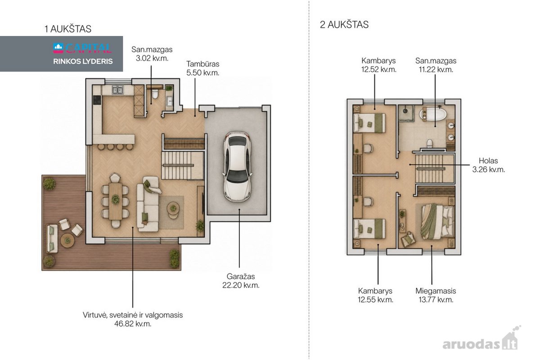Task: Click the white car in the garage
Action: (238, 166)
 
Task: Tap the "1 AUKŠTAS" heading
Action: (68, 29)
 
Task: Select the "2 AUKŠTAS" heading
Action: (344, 25)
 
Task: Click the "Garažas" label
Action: (241, 276)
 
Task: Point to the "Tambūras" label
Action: (203, 64)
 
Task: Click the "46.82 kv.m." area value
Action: (133, 324)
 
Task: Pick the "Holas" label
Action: (488, 161)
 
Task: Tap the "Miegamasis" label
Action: (436, 291)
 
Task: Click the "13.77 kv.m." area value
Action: (436, 300)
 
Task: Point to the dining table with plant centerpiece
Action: (115, 201)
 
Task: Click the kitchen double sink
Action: (117, 90)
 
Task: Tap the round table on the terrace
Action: (67, 240)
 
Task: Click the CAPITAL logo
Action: (82, 48)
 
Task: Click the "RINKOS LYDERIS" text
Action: (83, 62)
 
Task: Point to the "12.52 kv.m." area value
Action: (378, 69)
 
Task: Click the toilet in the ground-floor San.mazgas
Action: (155, 94)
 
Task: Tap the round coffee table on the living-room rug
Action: (173, 207)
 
